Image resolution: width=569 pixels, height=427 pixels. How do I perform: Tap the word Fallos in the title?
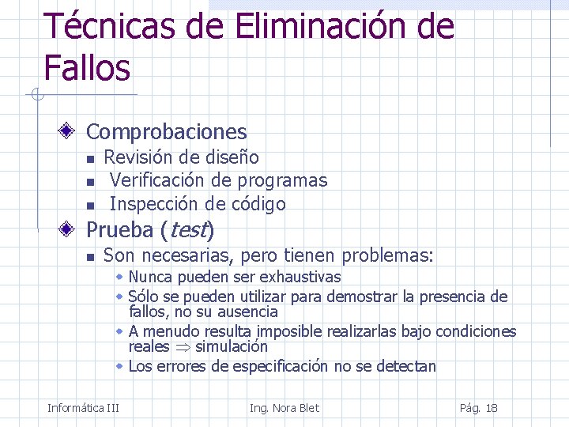(x=87, y=68)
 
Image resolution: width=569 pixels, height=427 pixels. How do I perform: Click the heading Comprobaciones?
(x=166, y=132)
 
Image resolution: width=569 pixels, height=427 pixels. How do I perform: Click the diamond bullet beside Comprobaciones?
(x=69, y=131)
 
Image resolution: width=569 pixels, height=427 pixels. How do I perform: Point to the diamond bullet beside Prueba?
(x=69, y=230)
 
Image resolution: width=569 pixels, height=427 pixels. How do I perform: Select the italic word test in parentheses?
(x=187, y=231)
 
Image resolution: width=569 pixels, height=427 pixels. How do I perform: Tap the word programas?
(x=282, y=181)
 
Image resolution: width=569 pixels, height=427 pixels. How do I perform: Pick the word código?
(x=258, y=204)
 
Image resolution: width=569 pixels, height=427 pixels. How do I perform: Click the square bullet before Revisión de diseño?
(x=90, y=159)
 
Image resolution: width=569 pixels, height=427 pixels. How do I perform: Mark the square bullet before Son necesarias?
(x=90, y=257)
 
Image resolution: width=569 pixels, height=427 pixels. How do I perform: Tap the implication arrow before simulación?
(x=183, y=346)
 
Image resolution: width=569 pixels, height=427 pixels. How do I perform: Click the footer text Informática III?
(x=83, y=408)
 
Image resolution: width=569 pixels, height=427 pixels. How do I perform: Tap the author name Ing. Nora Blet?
(x=284, y=408)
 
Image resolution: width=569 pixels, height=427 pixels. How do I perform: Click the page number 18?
(x=492, y=408)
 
